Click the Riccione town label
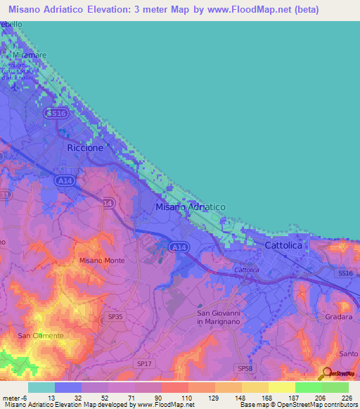85,148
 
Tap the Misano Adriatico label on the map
190,207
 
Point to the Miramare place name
29,55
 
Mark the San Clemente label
40,336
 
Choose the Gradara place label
340,317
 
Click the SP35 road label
116,317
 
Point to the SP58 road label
245,368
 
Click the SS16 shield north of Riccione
55,112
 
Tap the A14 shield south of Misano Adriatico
179,247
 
